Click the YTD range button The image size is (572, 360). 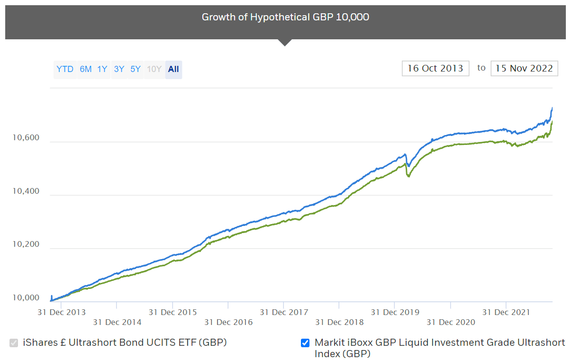coord(65,69)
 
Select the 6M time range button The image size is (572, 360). coord(86,69)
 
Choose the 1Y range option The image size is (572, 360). coord(102,69)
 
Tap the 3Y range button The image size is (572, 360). coord(119,69)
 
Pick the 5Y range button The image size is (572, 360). coord(136,69)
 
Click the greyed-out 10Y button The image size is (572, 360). coord(154,69)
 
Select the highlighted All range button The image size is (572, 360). coord(173,69)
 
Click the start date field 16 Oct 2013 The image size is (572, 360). coord(435,68)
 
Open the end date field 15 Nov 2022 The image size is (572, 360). coord(524,68)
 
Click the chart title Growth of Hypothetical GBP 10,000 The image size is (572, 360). coord(285,17)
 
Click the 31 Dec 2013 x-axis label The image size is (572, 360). coord(62,312)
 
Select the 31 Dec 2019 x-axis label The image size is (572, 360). coord(395,312)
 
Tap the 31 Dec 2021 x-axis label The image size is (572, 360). coord(506,312)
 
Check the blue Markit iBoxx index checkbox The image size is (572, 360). coord(305,343)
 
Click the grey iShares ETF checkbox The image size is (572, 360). coord(14,343)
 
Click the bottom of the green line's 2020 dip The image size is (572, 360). coord(409,177)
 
